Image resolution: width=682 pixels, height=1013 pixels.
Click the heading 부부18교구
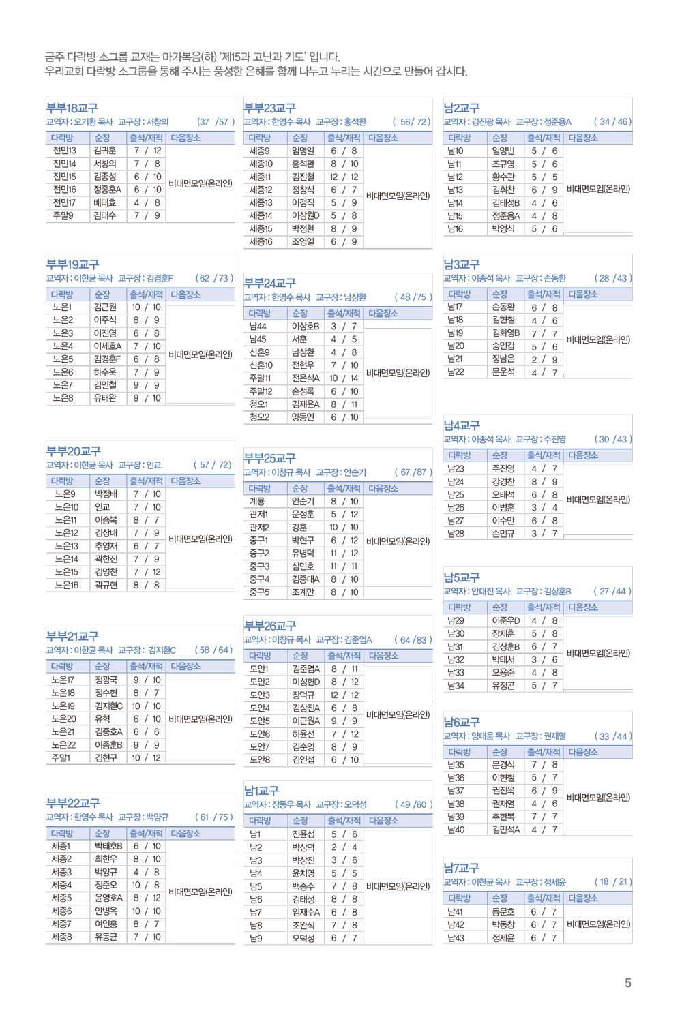tap(72, 108)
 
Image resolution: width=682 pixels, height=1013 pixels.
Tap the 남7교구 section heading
tap(462, 868)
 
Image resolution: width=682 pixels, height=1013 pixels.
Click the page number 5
tap(628, 983)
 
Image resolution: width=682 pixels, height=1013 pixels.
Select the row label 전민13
tap(65, 151)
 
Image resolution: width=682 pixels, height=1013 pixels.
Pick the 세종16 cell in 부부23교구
tap(261, 242)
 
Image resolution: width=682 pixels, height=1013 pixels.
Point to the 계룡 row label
tap(256, 501)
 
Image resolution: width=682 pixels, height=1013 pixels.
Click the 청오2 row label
tap(259, 417)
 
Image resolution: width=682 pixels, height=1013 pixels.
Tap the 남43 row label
tap(456, 938)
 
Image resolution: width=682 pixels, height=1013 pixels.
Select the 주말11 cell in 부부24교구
tap(260, 378)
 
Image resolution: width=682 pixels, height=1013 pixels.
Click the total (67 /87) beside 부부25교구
tap(413, 472)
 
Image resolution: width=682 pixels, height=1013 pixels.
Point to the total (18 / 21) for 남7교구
tap(613, 882)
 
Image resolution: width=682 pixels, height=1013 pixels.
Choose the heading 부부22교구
tap(73, 804)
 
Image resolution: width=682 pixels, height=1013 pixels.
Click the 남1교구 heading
tap(262, 791)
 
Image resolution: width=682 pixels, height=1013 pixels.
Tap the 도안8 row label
tap(260, 759)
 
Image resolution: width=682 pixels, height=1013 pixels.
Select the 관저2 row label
tap(259, 527)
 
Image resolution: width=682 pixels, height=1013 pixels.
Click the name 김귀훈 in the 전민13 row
tap(105, 151)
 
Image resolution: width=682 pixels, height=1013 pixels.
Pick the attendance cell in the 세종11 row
tap(344, 177)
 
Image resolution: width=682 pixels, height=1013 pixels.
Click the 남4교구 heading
tap(462, 426)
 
